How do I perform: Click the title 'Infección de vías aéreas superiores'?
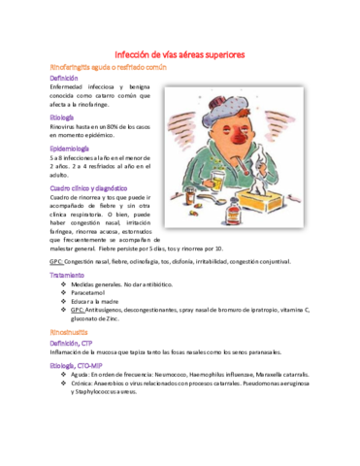[180, 54]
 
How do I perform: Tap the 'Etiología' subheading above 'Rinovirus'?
[63, 116]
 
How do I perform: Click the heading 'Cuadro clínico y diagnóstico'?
[88, 187]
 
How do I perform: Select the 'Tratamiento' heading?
[68, 276]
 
